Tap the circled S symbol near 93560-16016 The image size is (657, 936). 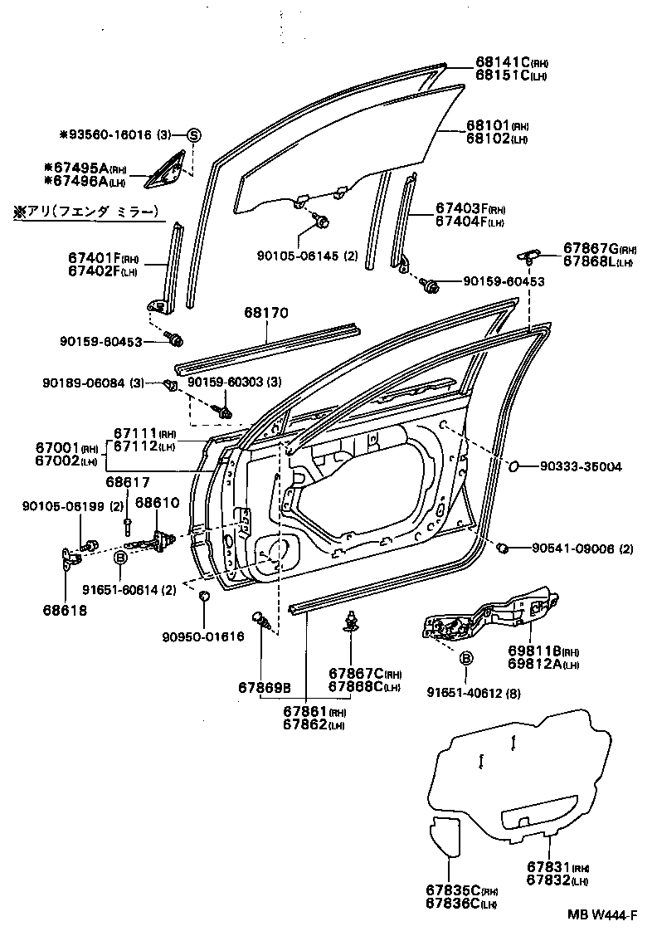[x=193, y=134]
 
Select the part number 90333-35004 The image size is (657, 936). [x=577, y=467]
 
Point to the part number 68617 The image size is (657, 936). [x=128, y=481]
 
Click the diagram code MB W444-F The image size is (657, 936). [x=602, y=914]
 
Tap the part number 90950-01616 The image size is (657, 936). [x=203, y=637]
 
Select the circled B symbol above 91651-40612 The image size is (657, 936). [x=466, y=658]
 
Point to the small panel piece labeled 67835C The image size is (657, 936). [x=447, y=834]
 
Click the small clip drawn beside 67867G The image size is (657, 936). [x=528, y=255]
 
